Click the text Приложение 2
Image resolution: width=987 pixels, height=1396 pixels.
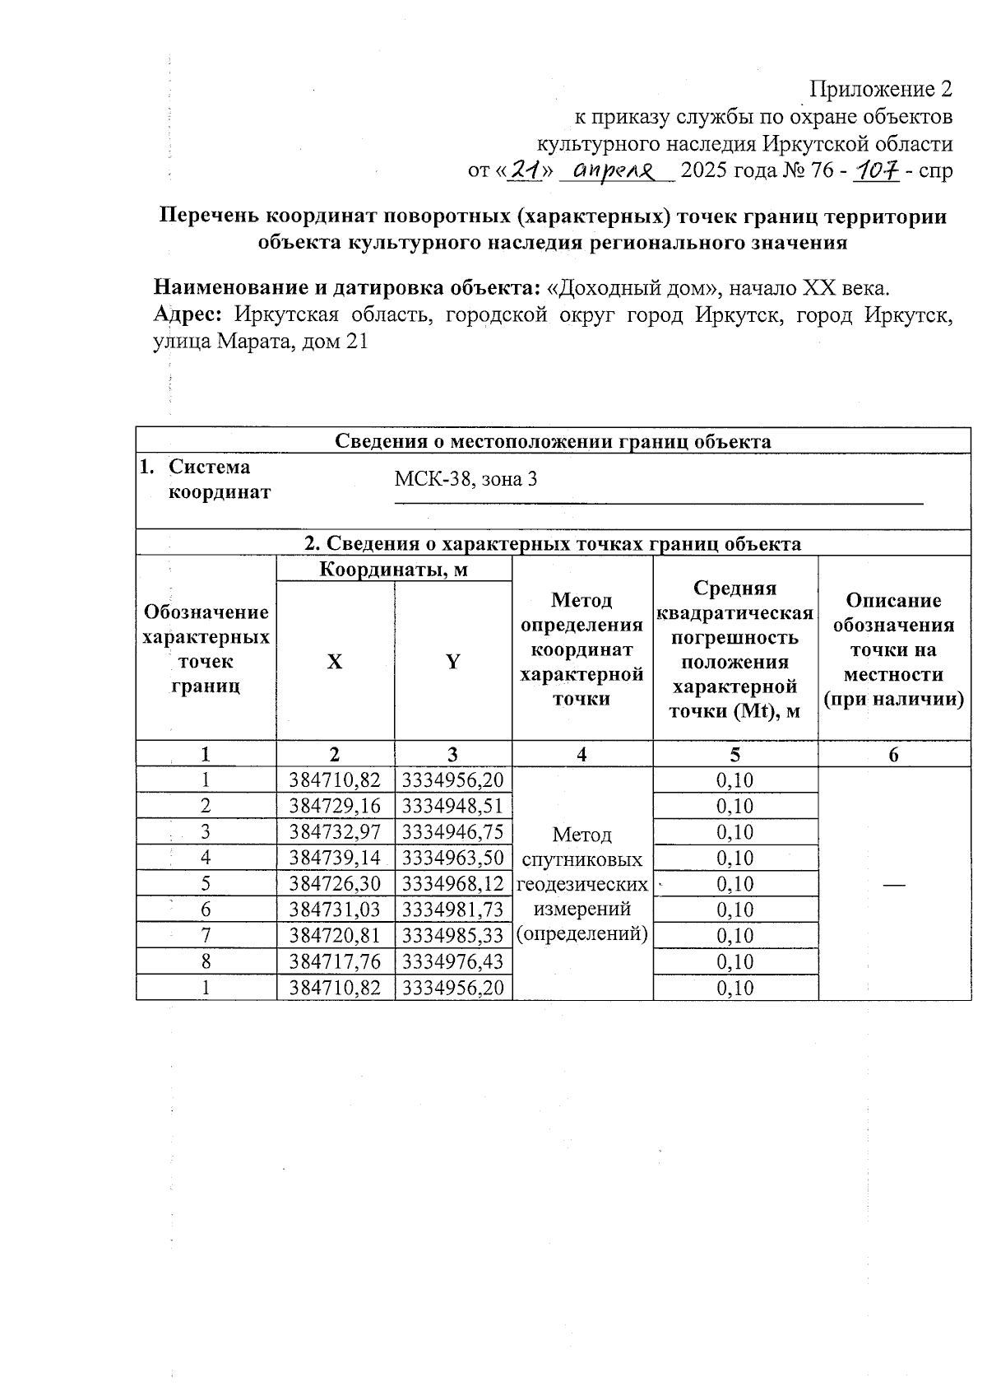tap(881, 89)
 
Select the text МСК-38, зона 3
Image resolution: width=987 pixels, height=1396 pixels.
tap(466, 479)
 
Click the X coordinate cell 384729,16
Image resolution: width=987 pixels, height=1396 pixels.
tap(335, 806)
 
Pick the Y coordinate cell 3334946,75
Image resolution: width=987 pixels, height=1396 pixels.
tap(452, 832)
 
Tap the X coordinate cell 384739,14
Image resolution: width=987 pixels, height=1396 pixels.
tap(335, 858)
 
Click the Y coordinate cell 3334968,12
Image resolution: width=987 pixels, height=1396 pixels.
tap(452, 884)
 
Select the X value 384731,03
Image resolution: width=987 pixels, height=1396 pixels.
tap(335, 910)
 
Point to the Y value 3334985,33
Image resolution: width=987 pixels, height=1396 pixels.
tap(452, 936)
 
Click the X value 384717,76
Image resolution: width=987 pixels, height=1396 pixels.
tap(335, 961)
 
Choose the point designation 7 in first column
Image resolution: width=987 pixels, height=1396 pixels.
tap(206, 936)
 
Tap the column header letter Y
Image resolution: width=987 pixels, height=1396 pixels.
tap(452, 662)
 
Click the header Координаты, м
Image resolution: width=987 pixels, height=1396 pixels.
tap(393, 569)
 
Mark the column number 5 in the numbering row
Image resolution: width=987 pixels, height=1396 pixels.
tap(734, 755)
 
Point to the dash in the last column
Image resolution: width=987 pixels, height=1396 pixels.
tap(894, 884)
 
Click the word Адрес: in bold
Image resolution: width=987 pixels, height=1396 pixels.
tap(189, 315)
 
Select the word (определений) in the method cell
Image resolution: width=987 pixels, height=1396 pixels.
tap(582, 934)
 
